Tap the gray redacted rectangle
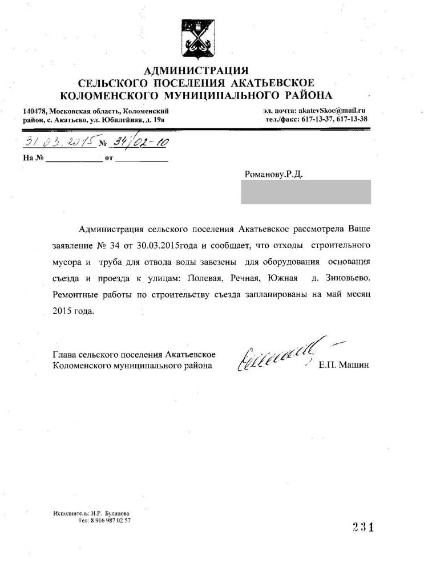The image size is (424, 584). [x=306, y=192]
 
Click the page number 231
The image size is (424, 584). [x=362, y=527]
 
